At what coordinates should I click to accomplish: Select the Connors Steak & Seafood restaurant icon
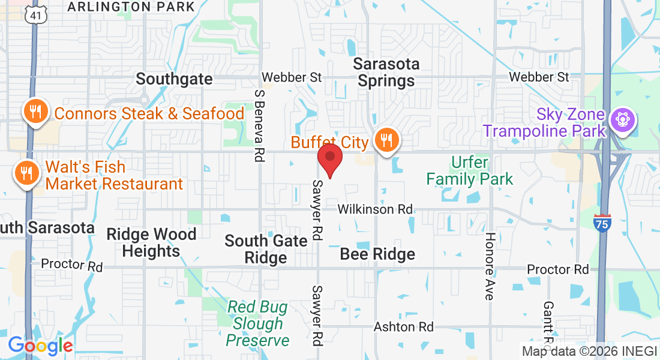coord(35,112)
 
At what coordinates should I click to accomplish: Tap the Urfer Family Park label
coord(470,170)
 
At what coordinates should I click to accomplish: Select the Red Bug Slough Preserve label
coord(257,324)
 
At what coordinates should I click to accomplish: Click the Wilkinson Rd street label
coord(375,209)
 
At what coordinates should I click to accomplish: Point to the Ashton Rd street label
coord(403,327)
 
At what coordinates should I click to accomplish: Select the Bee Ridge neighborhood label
coord(377,254)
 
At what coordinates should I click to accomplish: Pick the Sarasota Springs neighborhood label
coord(386,72)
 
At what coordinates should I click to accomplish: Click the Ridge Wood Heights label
coord(151,242)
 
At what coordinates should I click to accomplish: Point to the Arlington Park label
coord(131,7)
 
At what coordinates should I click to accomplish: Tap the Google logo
coord(40,346)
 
